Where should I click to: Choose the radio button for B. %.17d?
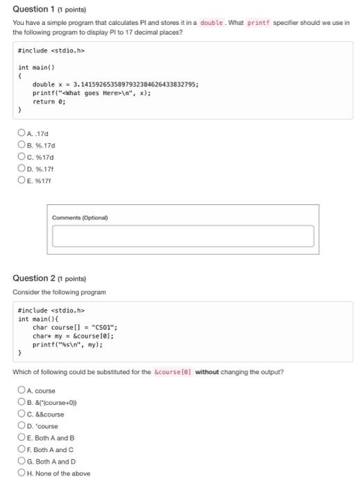22,146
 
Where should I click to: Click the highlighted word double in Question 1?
211,22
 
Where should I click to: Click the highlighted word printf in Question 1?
258,22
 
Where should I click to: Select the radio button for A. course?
22,390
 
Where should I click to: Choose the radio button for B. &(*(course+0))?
22,402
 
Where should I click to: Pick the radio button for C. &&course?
22,414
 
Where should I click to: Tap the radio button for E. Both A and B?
22,438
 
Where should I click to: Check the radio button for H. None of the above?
22,474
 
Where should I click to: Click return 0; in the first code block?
49,101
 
